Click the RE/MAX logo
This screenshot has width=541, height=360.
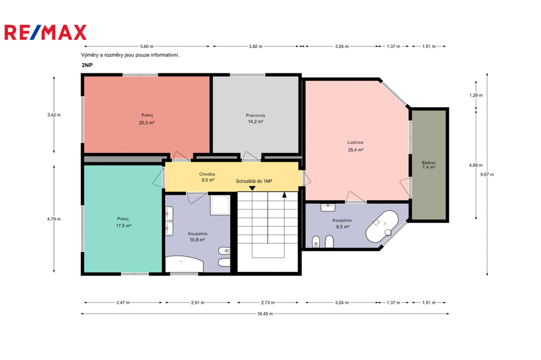(45, 32)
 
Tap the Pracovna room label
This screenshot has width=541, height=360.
(255, 115)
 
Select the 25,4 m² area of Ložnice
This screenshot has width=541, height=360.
(356, 150)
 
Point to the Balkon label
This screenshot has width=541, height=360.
(428, 163)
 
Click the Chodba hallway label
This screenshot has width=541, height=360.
(207, 174)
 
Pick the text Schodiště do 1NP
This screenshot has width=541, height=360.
(254, 181)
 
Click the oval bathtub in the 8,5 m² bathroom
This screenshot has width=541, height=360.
(383, 226)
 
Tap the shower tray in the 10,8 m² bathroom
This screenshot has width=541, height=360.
(220, 205)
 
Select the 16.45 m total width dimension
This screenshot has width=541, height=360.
(265, 314)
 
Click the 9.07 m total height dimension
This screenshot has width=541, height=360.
(487, 175)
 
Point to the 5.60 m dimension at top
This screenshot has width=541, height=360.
(147, 46)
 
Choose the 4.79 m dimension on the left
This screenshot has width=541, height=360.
(54, 219)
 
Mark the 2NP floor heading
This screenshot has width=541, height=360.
(87, 65)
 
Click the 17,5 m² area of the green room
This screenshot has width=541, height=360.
(124, 226)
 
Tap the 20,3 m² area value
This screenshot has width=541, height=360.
(147, 122)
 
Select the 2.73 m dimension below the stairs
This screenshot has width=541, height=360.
(268, 303)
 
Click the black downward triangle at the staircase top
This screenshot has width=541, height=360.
(252, 188)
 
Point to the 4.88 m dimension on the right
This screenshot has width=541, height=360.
(476, 165)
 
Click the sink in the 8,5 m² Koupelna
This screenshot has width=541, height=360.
(328, 207)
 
